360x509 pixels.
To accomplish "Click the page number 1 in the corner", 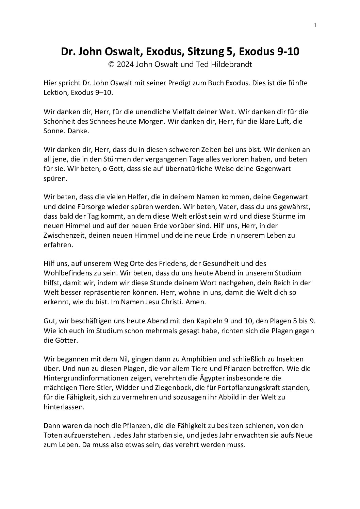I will tap(315, 25).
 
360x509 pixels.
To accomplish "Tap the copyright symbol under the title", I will tap(111, 65).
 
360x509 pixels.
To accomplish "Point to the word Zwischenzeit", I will tap(65, 235).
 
